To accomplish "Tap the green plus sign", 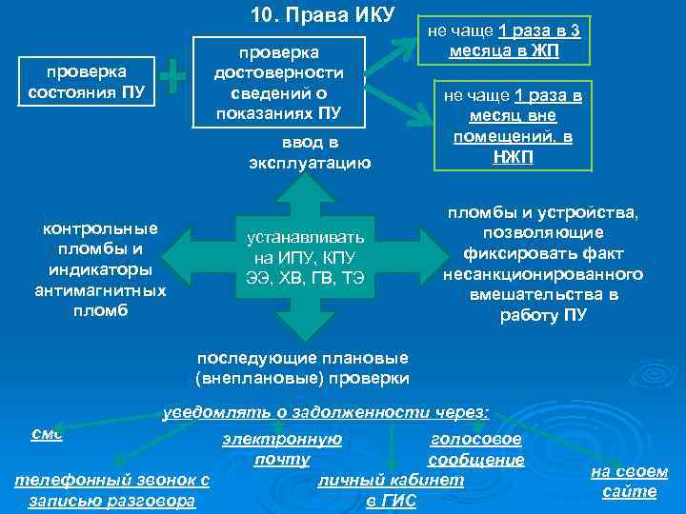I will (173, 77).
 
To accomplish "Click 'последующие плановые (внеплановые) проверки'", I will (302, 368).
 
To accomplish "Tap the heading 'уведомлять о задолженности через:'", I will (326, 412).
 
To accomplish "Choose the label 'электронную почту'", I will (281, 449).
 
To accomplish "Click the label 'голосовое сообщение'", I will (476, 449).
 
